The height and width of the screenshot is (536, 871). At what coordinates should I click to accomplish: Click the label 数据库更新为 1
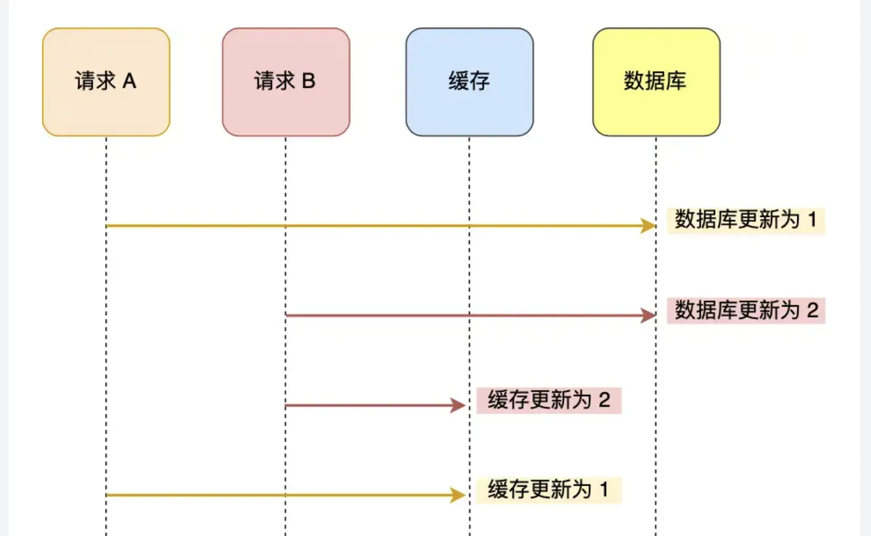(x=745, y=220)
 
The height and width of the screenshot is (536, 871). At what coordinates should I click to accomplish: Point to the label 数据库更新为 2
(x=745, y=310)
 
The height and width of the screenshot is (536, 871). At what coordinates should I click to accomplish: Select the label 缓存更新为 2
(x=549, y=400)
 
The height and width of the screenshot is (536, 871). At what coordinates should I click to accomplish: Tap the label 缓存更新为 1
(x=549, y=490)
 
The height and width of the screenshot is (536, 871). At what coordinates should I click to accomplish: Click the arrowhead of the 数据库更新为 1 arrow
(x=648, y=226)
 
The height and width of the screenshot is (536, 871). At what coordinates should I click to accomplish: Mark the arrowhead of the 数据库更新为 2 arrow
(x=648, y=315)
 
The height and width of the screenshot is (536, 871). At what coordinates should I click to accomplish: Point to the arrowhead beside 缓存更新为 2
(x=458, y=405)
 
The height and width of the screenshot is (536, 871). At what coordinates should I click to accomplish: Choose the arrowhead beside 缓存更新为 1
(x=458, y=495)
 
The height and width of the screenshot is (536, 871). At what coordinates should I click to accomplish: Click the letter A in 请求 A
(x=129, y=81)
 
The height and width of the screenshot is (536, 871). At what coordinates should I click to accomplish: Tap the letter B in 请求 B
(x=308, y=81)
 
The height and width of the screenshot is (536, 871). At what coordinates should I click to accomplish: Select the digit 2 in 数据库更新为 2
(x=812, y=310)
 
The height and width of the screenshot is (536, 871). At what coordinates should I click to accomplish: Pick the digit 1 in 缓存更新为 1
(x=604, y=489)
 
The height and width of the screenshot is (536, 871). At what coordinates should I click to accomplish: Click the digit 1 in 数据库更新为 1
(x=812, y=219)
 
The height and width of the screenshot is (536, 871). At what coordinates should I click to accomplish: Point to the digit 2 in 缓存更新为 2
(x=604, y=400)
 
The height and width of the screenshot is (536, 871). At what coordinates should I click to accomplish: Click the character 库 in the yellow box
(x=676, y=81)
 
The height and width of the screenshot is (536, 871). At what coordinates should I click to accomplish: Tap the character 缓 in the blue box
(x=458, y=81)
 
